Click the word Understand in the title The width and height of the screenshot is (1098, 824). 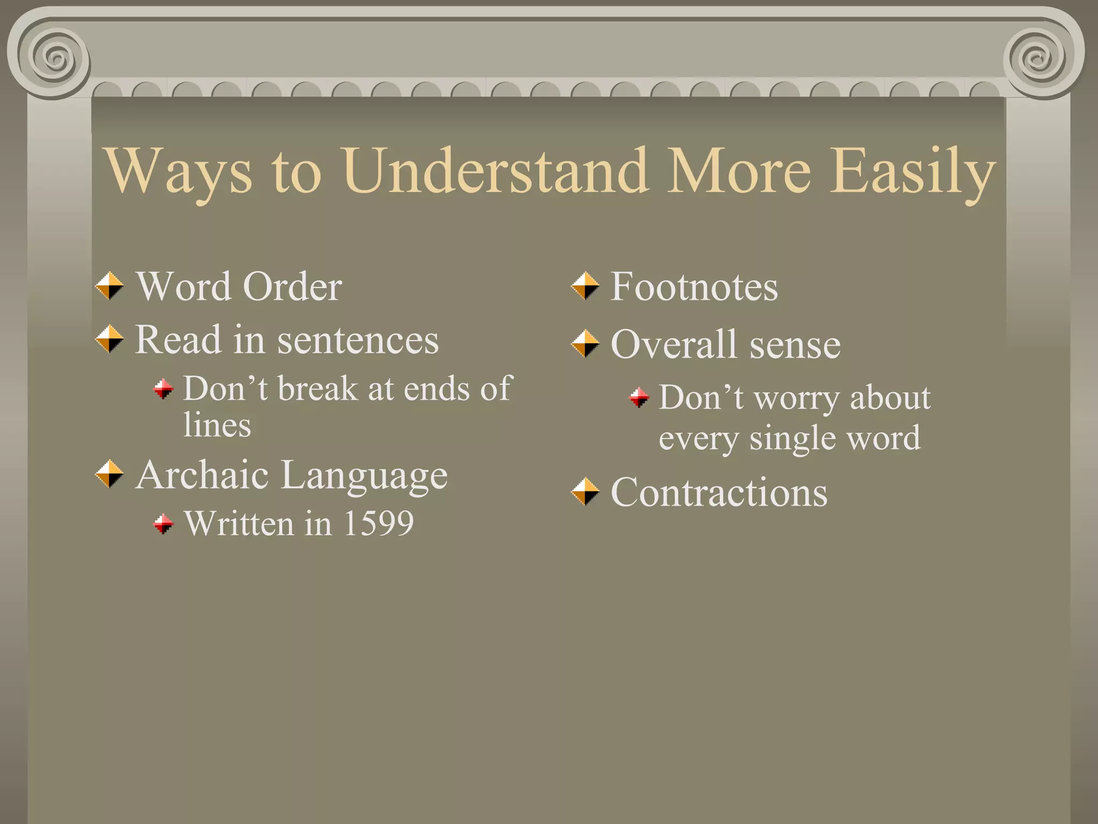[x=496, y=171]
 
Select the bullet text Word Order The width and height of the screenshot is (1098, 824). [x=239, y=286]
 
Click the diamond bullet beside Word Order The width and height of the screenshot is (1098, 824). [x=109, y=286]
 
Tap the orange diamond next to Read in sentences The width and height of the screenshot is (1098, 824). [x=109, y=339]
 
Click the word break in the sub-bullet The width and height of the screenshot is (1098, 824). [x=317, y=388]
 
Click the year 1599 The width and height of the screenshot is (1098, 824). [x=378, y=523]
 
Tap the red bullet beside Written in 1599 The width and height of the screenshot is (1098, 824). [x=164, y=524]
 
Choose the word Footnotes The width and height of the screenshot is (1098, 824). [x=694, y=286]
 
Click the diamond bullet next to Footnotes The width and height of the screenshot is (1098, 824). [x=585, y=286]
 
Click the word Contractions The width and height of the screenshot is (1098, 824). [x=719, y=492]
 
